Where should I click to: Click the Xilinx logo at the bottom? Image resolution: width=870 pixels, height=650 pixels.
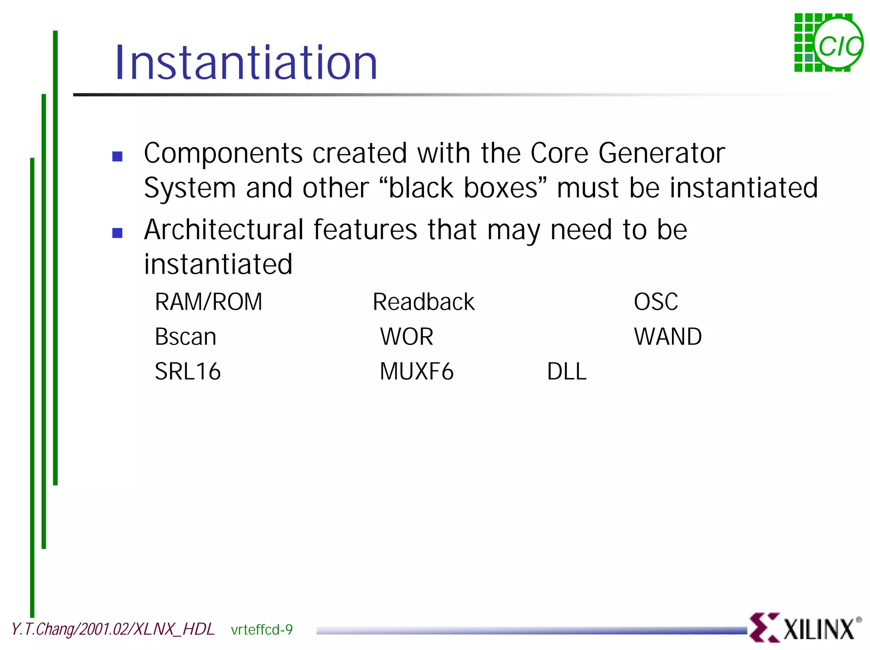(x=805, y=628)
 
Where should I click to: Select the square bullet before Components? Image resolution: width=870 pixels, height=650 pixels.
(x=117, y=156)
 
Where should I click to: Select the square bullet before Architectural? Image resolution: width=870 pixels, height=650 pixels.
(x=117, y=233)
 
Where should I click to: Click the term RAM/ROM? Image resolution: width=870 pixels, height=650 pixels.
(x=209, y=302)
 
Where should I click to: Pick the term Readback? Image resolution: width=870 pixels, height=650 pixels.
(x=423, y=302)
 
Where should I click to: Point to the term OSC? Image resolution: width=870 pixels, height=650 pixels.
(x=655, y=302)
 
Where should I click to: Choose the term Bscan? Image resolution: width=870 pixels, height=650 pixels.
(x=186, y=337)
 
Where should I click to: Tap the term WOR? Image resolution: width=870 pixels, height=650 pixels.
(x=407, y=337)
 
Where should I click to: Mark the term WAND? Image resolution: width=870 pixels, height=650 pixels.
(x=667, y=337)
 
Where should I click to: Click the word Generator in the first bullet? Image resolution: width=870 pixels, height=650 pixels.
(x=661, y=153)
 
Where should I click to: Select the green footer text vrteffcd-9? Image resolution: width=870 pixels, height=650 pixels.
(x=262, y=630)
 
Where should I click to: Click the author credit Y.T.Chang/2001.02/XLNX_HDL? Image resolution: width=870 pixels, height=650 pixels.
(x=113, y=629)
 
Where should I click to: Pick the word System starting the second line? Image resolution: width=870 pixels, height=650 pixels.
(x=189, y=188)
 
